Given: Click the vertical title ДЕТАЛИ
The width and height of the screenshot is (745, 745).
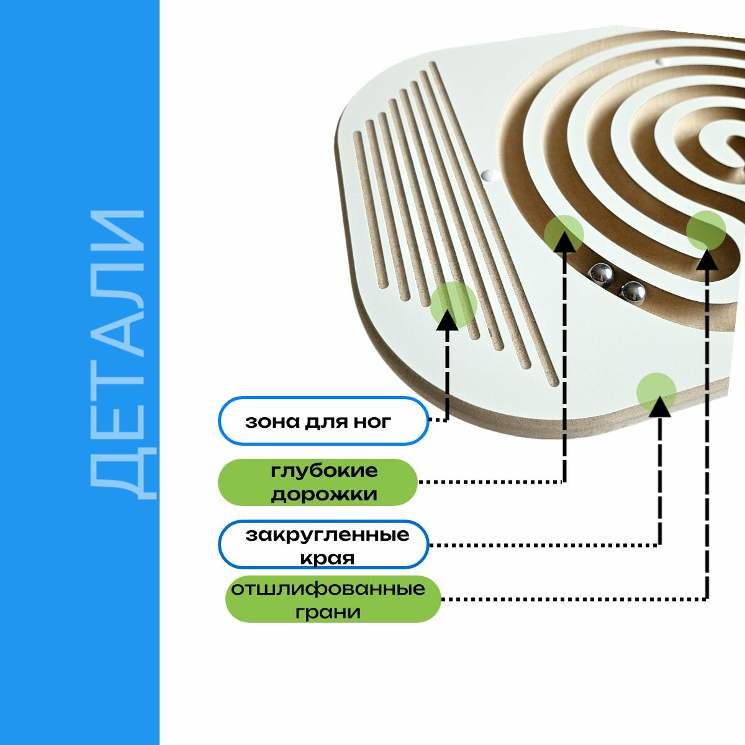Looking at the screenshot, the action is tap(118, 354).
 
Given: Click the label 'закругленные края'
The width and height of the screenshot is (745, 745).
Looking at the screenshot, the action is tap(324, 545).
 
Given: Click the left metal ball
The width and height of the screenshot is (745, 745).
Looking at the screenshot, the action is tap(601, 273).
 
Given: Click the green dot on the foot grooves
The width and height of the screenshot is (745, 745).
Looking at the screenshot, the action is tap(453, 304).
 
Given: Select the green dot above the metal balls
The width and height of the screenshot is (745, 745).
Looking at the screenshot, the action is tap(564, 233).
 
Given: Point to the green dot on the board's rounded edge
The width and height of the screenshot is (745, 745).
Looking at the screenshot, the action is tap(656, 392).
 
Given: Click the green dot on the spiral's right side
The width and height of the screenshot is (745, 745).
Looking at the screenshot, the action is tap(707, 230).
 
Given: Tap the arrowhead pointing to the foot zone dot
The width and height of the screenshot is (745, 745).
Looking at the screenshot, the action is tap(448, 320).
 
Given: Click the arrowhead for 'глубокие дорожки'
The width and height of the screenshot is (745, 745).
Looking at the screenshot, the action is tap(564, 242).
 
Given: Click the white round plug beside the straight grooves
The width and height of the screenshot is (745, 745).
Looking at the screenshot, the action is tap(490, 176).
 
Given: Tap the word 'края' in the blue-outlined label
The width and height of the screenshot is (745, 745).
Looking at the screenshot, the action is tap(327, 558).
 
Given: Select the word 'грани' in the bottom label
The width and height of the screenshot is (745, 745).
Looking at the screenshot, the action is tap(328, 612).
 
